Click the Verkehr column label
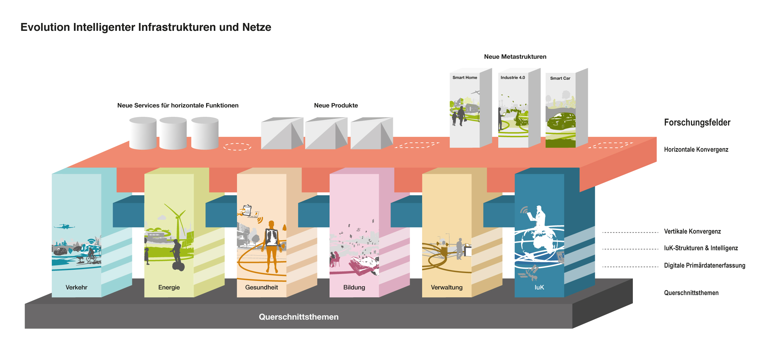pyautogui.click(x=76, y=287)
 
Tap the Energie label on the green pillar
pyautogui.click(x=169, y=287)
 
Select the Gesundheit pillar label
pyautogui.click(x=262, y=287)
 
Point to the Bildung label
pyautogui.click(x=354, y=287)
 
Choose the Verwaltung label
pyautogui.click(x=447, y=287)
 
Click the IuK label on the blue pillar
pyautogui.click(x=539, y=287)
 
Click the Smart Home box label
pyautogui.click(x=465, y=78)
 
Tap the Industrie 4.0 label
pyautogui.click(x=513, y=78)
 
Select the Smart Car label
pyautogui.click(x=560, y=78)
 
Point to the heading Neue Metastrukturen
pyautogui.click(x=515, y=57)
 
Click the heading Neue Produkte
pyautogui.click(x=336, y=106)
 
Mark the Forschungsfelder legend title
pyautogui.click(x=697, y=123)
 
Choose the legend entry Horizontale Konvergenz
pyautogui.click(x=696, y=150)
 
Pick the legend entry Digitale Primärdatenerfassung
pyautogui.click(x=704, y=265)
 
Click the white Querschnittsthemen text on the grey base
pyautogui.click(x=299, y=317)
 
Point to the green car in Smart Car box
pyautogui.click(x=562, y=121)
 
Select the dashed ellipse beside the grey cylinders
pyautogui.click(x=237, y=147)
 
